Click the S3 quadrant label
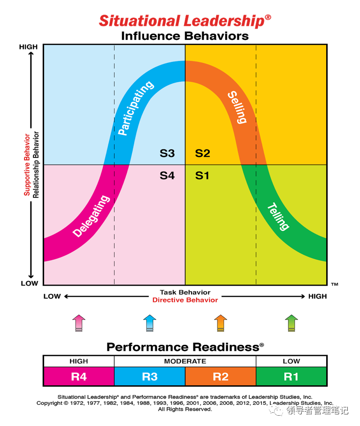(x=167, y=153)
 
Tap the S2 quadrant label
(x=203, y=153)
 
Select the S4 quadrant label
(x=167, y=176)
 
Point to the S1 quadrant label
(x=202, y=176)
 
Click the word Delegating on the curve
(x=92, y=216)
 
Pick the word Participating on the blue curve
(x=136, y=108)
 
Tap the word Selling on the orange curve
(x=237, y=107)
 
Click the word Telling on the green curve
(x=278, y=216)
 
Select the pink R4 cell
(x=79, y=377)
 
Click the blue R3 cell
(x=150, y=377)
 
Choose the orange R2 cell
(x=221, y=377)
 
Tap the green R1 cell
(x=291, y=377)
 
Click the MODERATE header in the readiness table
(x=185, y=361)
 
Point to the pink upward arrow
(x=79, y=324)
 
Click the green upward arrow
(x=291, y=324)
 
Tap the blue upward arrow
(x=150, y=324)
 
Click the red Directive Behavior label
(x=185, y=300)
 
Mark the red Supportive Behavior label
(x=27, y=164)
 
